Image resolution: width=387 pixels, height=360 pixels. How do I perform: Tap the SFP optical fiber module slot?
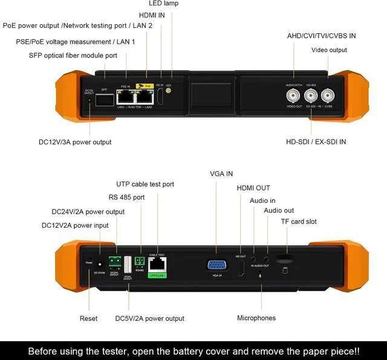(x=105, y=99)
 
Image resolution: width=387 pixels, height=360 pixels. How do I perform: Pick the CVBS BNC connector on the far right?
(x=328, y=95)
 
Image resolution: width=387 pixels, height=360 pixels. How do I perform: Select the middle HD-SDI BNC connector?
(x=311, y=95)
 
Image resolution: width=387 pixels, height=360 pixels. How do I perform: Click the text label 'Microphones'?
(x=256, y=318)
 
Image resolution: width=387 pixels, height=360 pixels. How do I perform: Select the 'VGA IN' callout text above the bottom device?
(x=221, y=174)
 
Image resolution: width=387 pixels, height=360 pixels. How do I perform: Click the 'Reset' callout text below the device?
(x=88, y=318)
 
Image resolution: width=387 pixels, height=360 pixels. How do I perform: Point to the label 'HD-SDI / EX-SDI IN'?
(x=316, y=142)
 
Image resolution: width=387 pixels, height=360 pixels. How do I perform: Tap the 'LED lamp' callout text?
(x=163, y=4)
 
